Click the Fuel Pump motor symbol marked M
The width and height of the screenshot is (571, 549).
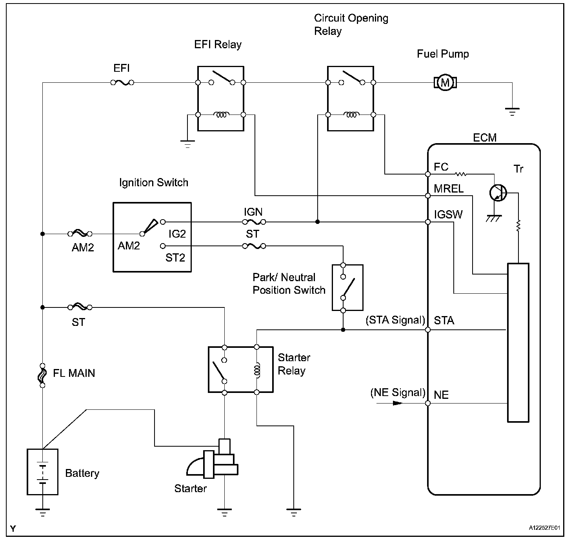(x=445, y=83)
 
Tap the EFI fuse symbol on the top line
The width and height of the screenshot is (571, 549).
(x=122, y=83)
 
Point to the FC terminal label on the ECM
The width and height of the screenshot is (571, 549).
(x=441, y=167)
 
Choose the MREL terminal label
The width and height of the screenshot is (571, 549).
(x=449, y=189)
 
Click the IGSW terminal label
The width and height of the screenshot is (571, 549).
(x=448, y=215)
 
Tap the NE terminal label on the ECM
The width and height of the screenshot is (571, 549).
(x=441, y=395)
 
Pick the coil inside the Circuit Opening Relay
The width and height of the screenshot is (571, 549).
(x=351, y=115)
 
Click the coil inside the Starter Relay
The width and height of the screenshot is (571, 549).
(x=257, y=370)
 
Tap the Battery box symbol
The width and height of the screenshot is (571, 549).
(x=42, y=472)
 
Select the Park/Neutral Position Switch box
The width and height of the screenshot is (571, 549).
(x=347, y=288)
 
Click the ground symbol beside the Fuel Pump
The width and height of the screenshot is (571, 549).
(x=512, y=112)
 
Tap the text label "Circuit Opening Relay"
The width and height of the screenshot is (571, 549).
(x=351, y=25)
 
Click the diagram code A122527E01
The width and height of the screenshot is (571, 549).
(x=544, y=528)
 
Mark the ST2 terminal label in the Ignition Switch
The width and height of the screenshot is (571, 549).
(x=175, y=258)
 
